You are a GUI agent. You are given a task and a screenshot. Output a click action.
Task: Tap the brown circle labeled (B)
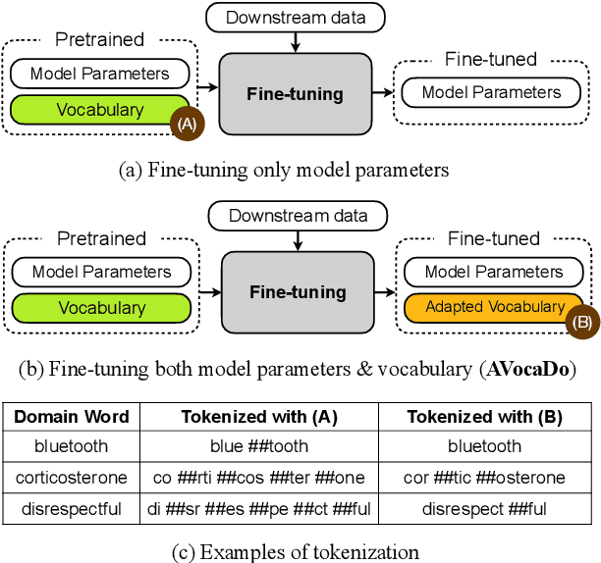click(x=579, y=321)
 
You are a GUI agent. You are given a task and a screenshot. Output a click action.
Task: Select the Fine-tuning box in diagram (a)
click(x=296, y=94)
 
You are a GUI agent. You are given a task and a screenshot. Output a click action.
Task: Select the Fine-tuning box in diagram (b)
click(x=298, y=291)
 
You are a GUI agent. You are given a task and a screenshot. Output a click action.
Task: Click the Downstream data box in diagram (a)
click(x=296, y=17)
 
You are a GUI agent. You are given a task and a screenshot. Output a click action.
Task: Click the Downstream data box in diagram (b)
click(x=299, y=215)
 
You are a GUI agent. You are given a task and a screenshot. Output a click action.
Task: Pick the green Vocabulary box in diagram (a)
click(x=99, y=111)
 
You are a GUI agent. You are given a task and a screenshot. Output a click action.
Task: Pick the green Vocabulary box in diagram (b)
click(x=101, y=307)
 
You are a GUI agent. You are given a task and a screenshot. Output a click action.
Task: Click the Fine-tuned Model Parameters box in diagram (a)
click(x=491, y=93)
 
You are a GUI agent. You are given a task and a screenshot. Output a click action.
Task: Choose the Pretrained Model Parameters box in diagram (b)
click(x=101, y=272)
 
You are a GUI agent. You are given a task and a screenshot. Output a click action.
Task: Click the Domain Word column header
click(x=72, y=417)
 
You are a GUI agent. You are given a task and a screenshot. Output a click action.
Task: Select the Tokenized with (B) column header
click(x=484, y=417)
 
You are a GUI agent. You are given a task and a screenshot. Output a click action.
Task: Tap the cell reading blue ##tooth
click(x=259, y=446)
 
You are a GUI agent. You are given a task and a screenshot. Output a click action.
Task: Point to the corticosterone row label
click(x=72, y=478)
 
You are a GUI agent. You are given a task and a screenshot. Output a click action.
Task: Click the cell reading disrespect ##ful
click(x=484, y=509)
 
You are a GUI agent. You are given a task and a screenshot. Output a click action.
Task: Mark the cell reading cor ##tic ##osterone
click(x=484, y=478)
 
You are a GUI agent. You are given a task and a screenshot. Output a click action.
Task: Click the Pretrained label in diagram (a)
click(x=99, y=40)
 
